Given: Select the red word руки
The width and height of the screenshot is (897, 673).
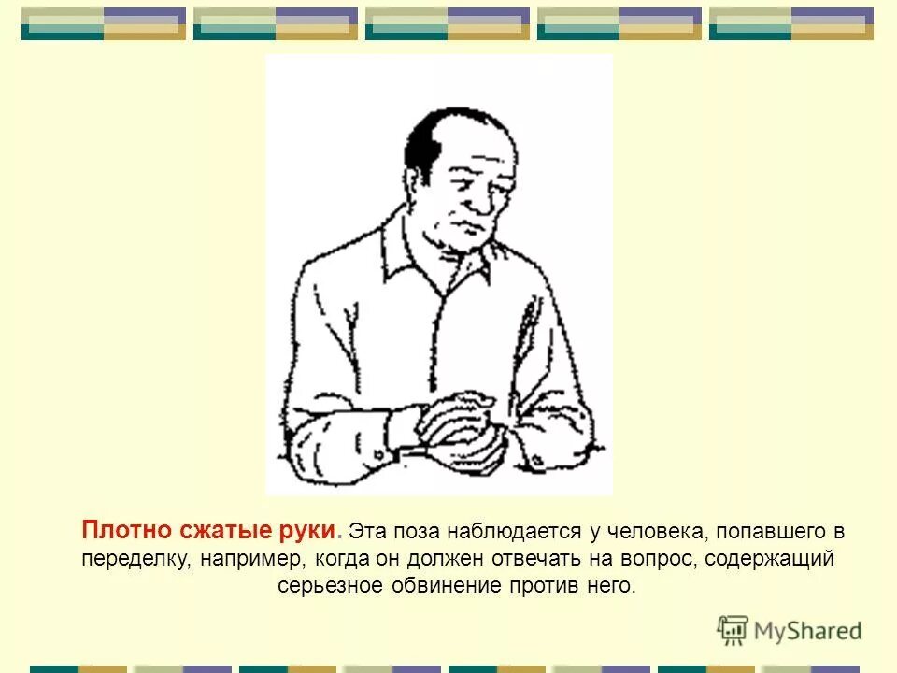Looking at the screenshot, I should tap(306, 531).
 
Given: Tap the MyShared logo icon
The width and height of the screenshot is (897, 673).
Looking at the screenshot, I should tap(733, 631).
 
